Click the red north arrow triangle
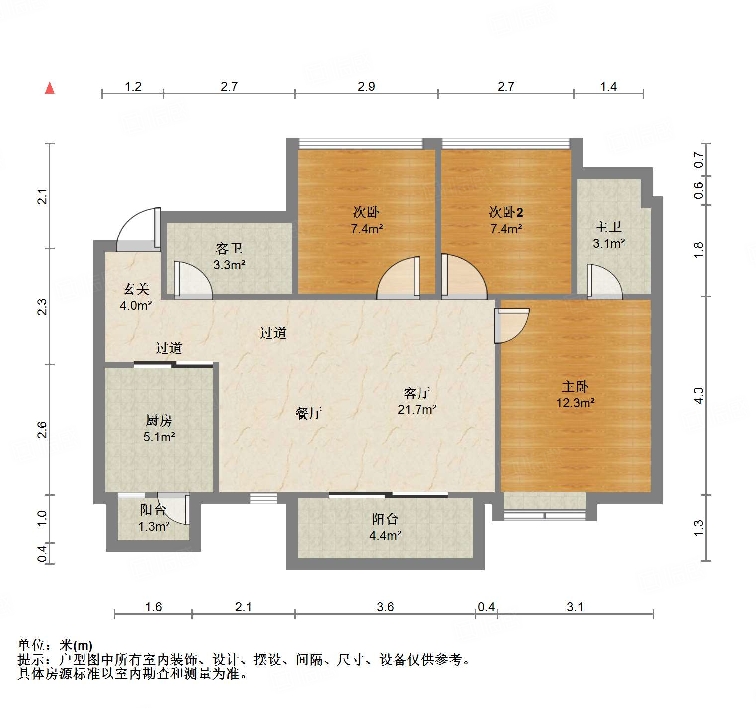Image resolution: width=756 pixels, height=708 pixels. point(50,88)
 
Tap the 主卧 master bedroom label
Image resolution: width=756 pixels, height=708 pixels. point(575,387)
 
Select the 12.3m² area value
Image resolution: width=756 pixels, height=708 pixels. point(575,403)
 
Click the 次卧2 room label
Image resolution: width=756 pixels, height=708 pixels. point(505,212)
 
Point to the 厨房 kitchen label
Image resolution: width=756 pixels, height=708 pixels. point(159,420)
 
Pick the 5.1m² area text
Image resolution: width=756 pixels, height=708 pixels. point(159,437)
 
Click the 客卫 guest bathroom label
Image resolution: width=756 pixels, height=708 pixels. point(229,248)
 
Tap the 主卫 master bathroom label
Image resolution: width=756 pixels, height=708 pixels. point(608,227)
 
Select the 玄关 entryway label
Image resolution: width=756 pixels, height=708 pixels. point(136,289)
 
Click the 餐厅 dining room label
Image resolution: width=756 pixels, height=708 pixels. point(308,413)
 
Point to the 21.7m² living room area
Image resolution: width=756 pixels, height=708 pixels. point(417,409)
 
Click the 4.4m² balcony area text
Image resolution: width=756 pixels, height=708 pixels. point(385,535)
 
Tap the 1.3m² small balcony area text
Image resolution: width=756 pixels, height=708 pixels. point(154,526)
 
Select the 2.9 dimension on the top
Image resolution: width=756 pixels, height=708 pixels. point(366,87)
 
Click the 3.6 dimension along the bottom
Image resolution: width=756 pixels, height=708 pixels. point(385,607)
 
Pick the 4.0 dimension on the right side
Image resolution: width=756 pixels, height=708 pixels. point(699,395)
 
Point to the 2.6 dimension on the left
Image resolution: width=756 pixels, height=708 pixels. point(42,429)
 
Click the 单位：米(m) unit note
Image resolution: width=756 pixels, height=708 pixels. point(55,645)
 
